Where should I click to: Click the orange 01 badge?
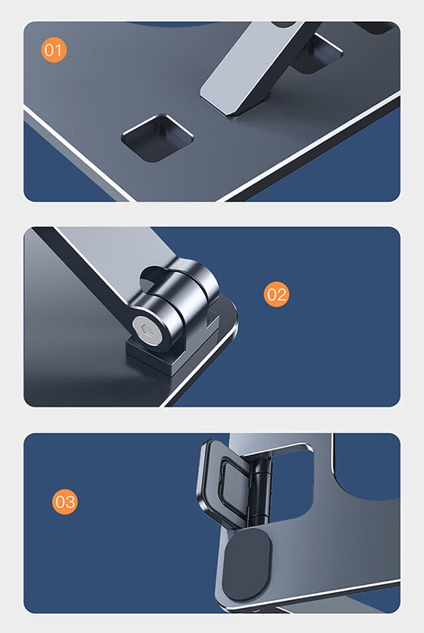coord(54,50)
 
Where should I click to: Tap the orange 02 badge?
coord(277,294)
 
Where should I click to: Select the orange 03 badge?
coord(65,501)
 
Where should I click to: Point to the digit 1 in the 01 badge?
coord(60,50)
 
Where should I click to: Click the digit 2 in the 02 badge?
coord(282,294)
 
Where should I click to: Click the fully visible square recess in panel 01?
coord(158,138)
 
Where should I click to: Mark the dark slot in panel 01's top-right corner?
coord(376,27)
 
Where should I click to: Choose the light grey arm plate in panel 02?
coord(117,258)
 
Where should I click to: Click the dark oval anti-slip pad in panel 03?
coord(247,565)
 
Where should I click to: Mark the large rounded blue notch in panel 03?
coord(366,468)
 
